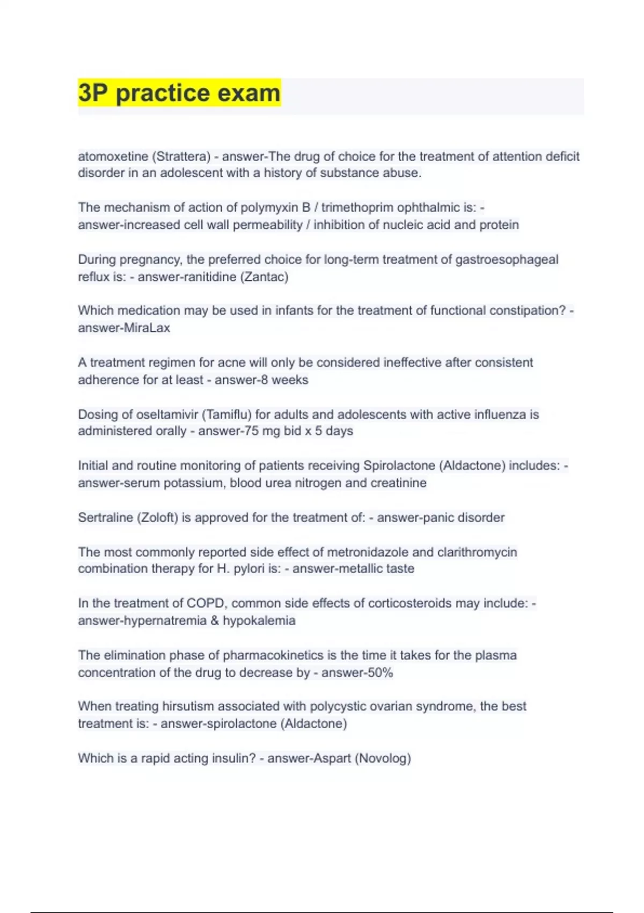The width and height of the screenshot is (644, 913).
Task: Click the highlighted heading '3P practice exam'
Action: click(179, 93)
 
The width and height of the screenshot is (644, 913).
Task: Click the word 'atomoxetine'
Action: click(113, 156)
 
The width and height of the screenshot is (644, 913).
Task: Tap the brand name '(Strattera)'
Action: click(181, 156)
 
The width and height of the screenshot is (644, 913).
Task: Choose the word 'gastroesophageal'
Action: click(507, 259)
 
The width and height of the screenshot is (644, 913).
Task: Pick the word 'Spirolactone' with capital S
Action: click(399, 466)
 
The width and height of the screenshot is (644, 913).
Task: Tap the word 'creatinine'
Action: click(398, 483)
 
